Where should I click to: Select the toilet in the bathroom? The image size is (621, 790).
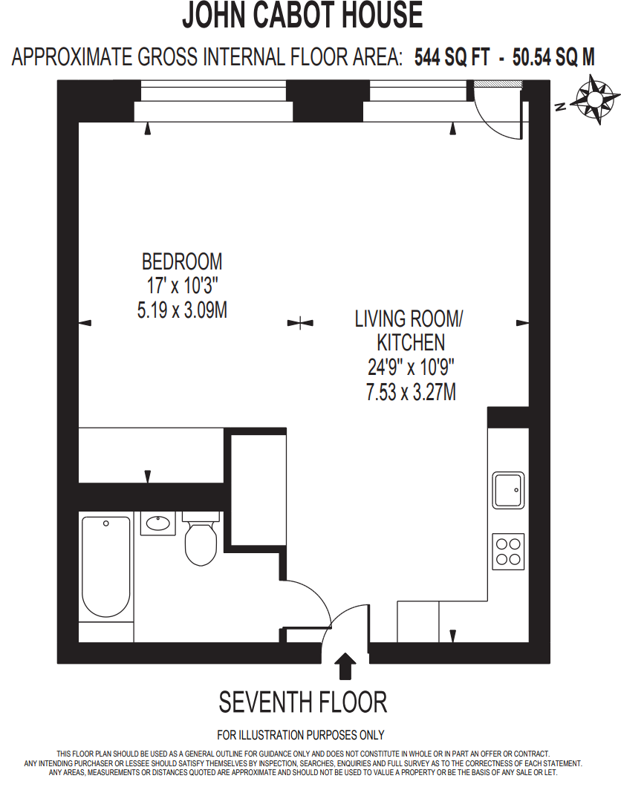pyautogui.click(x=200, y=542)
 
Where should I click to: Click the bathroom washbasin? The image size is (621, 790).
pyautogui.click(x=158, y=524)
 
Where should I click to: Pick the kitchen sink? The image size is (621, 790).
pyautogui.click(x=508, y=490)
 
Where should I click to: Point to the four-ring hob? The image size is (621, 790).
pyautogui.click(x=508, y=552)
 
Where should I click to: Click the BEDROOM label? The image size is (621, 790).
pyautogui.click(x=182, y=261)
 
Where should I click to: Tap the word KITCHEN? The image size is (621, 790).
pyautogui.click(x=411, y=342)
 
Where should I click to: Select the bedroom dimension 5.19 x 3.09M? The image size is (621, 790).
pyautogui.click(x=182, y=310)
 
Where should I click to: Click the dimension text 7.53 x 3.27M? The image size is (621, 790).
pyautogui.click(x=411, y=391)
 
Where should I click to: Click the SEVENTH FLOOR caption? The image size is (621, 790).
pyautogui.click(x=302, y=702)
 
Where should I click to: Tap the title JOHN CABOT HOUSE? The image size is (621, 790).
pyautogui.click(x=302, y=15)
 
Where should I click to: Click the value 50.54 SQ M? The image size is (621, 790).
pyautogui.click(x=549, y=58)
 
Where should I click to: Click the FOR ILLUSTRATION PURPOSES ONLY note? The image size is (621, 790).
pyautogui.click(x=301, y=735)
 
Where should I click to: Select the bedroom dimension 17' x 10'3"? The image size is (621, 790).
pyautogui.click(x=182, y=286)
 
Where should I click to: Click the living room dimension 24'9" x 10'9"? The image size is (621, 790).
pyautogui.click(x=411, y=367)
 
